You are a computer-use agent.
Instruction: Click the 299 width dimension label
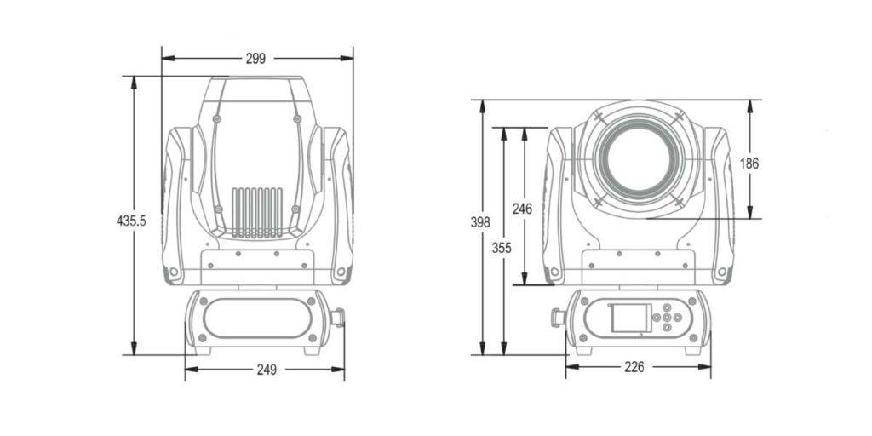pos(255,59)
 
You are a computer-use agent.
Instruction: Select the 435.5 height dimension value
pos(131,221)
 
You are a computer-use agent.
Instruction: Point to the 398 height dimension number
pos(480,222)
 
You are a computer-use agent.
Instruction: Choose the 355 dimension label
pos(503,248)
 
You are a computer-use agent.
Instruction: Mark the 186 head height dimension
pos(749,163)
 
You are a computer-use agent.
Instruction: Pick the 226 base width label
pos(634,367)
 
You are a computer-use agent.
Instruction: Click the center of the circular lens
pos(638,161)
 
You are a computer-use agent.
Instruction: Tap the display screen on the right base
pos(630,318)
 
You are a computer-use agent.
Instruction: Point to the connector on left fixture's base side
pos(338,318)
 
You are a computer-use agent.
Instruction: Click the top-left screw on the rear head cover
pos(218,118)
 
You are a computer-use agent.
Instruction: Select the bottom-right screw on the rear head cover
pos(295,209)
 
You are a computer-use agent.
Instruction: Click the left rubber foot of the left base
pos(203,349)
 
